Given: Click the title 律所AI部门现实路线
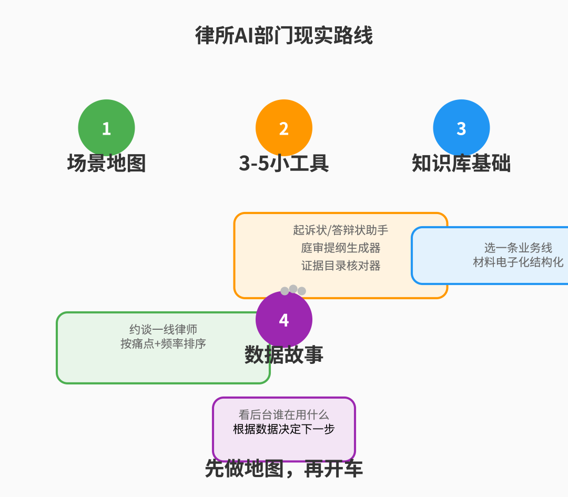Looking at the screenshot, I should [284, 36].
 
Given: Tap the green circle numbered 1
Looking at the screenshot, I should [106, 128].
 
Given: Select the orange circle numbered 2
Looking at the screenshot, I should [284, 128].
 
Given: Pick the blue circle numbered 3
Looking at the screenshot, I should [461, 128].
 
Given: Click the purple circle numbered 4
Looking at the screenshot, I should [284, 319].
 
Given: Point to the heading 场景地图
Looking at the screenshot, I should [106, 163].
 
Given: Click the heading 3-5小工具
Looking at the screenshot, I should [284, 163].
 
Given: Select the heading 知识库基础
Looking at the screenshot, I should [461, 163].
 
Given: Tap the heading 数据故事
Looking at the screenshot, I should [284, 354].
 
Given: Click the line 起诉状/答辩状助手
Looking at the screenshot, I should [341, 230].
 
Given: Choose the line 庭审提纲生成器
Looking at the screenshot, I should [341, 248].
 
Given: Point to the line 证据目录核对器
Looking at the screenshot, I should [341, 266].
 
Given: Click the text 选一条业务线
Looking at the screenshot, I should [518, 248].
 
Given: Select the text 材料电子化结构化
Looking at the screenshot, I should [518, 262].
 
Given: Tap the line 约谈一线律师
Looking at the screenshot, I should [163, 330].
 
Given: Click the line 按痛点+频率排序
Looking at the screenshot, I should [163, 344].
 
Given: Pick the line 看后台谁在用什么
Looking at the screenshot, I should [284, 415].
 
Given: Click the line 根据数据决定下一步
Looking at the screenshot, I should [284, 429].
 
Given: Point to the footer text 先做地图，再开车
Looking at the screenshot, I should [284, 469].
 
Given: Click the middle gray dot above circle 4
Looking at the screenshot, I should [293, 289].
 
